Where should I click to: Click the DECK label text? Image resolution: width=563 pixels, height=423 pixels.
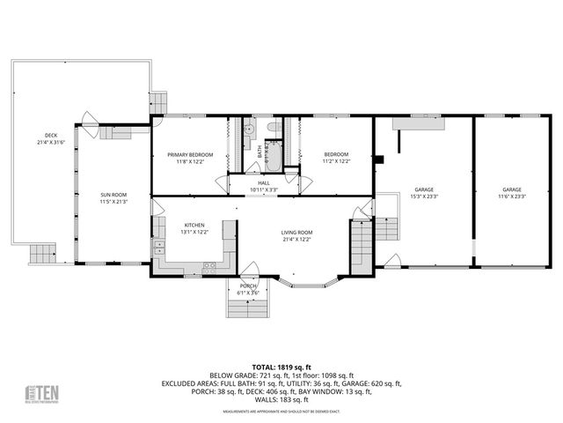coord(52,135)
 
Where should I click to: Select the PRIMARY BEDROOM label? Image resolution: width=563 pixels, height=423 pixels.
coord(190,154)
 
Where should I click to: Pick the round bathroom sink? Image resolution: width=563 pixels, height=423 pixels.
coord(249,130)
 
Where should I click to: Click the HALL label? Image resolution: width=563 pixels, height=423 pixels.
coord(264,183)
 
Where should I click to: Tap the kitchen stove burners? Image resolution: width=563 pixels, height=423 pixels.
coord(210,265)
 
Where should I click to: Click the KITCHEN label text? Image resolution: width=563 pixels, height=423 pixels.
coord(194,225)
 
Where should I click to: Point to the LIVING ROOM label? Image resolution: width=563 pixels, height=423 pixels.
coord(297,232)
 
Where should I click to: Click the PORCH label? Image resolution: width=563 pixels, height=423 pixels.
coord(249,286)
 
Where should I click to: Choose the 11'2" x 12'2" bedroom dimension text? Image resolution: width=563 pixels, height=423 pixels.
coord(336,161)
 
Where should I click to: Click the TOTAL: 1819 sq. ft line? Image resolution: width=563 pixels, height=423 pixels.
coord(281,367)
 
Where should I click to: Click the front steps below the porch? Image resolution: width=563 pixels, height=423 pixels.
coord(249,308)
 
